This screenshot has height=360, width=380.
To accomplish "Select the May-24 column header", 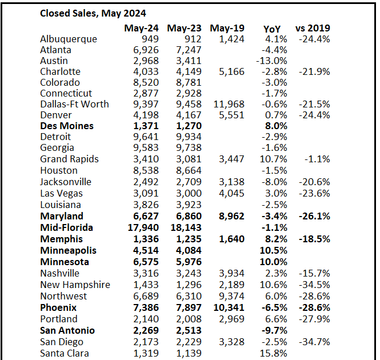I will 140,28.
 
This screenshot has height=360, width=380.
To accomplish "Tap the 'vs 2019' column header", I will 313,28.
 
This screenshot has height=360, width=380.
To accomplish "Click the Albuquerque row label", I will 69,39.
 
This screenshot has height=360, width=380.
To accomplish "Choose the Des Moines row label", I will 67,126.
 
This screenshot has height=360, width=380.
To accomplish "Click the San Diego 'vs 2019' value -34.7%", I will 314,342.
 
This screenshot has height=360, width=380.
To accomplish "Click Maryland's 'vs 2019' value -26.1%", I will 314,216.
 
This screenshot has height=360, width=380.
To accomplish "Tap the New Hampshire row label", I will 75,285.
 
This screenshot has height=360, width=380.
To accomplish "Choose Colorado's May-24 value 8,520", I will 142,82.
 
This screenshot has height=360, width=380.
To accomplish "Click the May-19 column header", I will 227,28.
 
